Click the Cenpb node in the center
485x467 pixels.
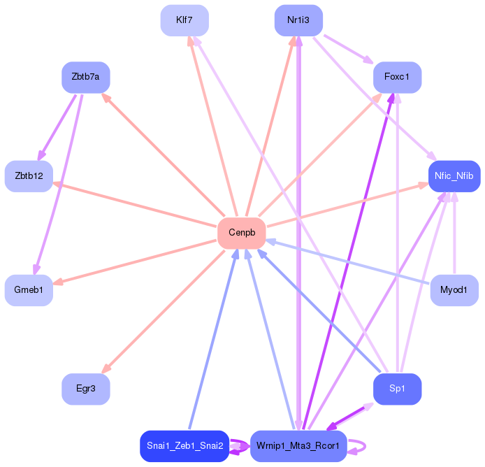pyautogui.click(x=241, y=233)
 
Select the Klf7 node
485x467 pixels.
pyautogui.click(x=184, y=20)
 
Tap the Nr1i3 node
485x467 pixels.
pyautogui.click(x=298, y=20)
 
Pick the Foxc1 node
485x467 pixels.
pyautogui.click(x=397, y=77)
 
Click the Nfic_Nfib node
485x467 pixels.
pyautogui.click(x=454, y=176)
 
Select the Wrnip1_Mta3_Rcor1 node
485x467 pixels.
pyautogui.click(x=298, y=445)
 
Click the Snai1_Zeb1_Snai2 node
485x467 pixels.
pyautogui.click(x=184, y=445)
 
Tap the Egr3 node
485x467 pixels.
pyautogui.click(x=86, y=388)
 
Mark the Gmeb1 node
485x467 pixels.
pyautogui.click(x=29, y=289)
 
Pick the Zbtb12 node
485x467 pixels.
pyautogui.click(x=29, y=176)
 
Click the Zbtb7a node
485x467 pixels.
pyautogui.click(x=86, y=77)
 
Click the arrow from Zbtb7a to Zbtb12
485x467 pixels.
pyautogui.click(x=57, y=127)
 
